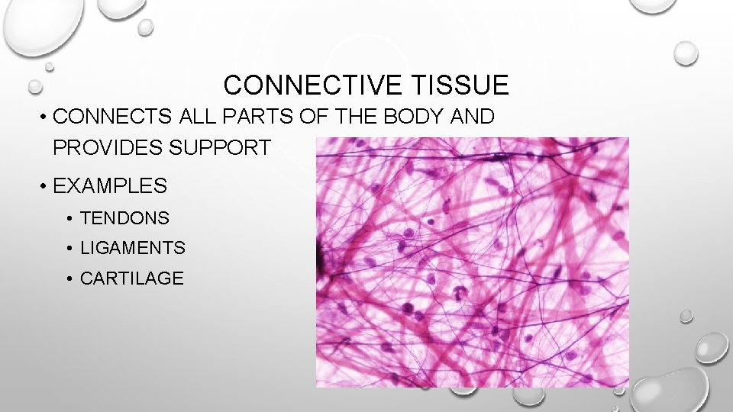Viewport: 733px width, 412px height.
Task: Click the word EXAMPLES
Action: point(110,185)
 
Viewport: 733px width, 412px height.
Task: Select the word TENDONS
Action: point(124,218)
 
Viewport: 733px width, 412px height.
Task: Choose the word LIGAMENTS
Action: point(132,248)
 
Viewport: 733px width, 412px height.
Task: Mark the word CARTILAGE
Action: point(131,278)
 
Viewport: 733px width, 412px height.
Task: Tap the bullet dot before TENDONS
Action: point(69,219)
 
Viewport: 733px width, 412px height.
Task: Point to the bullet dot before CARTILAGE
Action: point(69,279)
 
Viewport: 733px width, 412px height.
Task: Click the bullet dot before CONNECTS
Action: point(46,117)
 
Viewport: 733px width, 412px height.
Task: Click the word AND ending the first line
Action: point(473,117)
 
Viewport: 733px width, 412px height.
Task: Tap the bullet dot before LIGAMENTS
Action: point(69,249)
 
